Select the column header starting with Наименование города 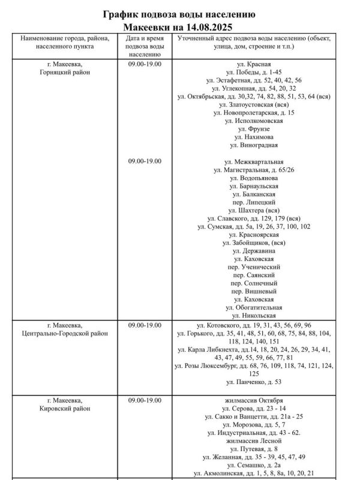(x=64, y=43)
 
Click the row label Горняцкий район (x=64, y=71)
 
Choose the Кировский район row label (x=64, y=409)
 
